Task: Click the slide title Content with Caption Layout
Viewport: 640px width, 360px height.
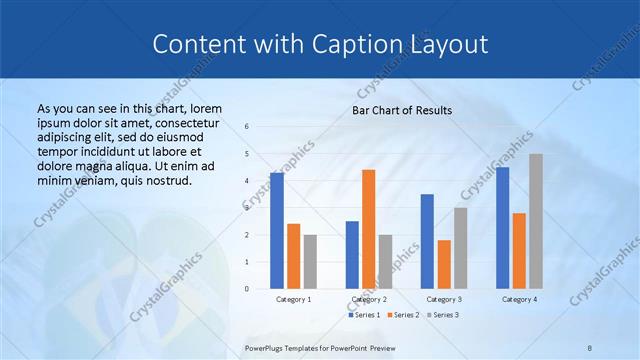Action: click(320, 45)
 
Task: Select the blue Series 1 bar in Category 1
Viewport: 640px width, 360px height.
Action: click(276, 230)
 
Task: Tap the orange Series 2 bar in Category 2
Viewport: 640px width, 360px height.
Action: click(368, 229)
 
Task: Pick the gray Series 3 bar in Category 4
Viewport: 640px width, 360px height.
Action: click(536, 221)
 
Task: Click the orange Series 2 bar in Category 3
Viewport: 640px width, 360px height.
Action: click(444, 264)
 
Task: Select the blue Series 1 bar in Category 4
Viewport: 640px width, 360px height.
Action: click(503, 227)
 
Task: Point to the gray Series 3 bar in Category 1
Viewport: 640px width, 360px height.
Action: click(310, 261)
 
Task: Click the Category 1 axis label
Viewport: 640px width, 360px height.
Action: click(293, 299)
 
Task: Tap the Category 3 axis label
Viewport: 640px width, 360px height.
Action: click(444, 299)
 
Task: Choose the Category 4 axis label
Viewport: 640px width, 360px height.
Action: click(519, 299)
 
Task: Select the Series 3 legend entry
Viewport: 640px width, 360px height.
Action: click(443, 315)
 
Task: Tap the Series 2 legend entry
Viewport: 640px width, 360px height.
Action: click(405, 315)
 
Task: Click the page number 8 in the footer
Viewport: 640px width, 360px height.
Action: click(589, 348)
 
